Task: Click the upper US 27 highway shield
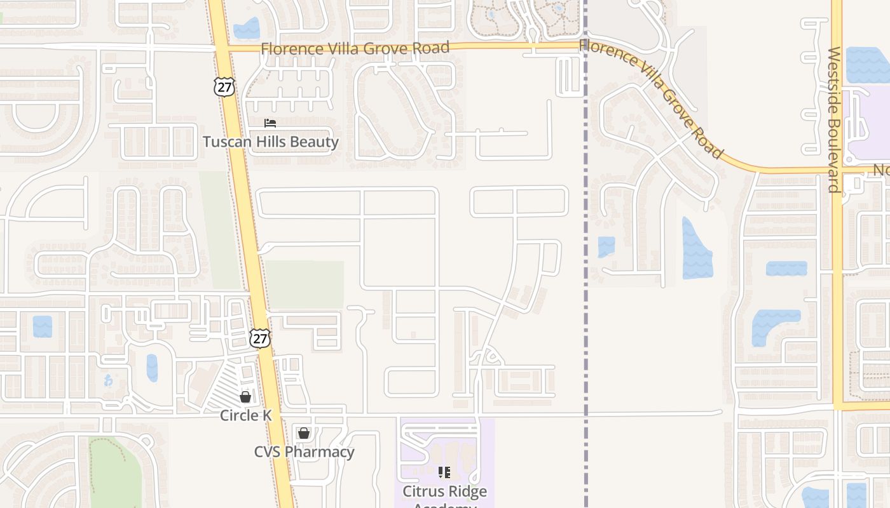tap(224, 87)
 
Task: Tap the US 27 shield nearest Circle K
tap(259, 338)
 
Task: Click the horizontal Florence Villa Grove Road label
tap(355, 48)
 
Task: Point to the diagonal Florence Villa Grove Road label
tap(652, 98)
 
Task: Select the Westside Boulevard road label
tap(835, 119)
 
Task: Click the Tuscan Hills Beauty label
tap(270, 142)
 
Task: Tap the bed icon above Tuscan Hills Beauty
tap(270, 123)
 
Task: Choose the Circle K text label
tap(245, 415)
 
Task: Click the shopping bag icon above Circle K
tap(245, 397)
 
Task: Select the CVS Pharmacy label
tap(304, 451)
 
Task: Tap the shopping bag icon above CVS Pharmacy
tap(304, 433)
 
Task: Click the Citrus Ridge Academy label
tap(444, 492)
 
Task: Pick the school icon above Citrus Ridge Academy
tap(444, 472)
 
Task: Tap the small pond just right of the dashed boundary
tap(606, 246)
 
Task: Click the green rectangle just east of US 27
tap(305, 284)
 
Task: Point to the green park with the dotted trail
tap(114, 470)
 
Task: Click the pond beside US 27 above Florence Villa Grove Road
tap(247, 29)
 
